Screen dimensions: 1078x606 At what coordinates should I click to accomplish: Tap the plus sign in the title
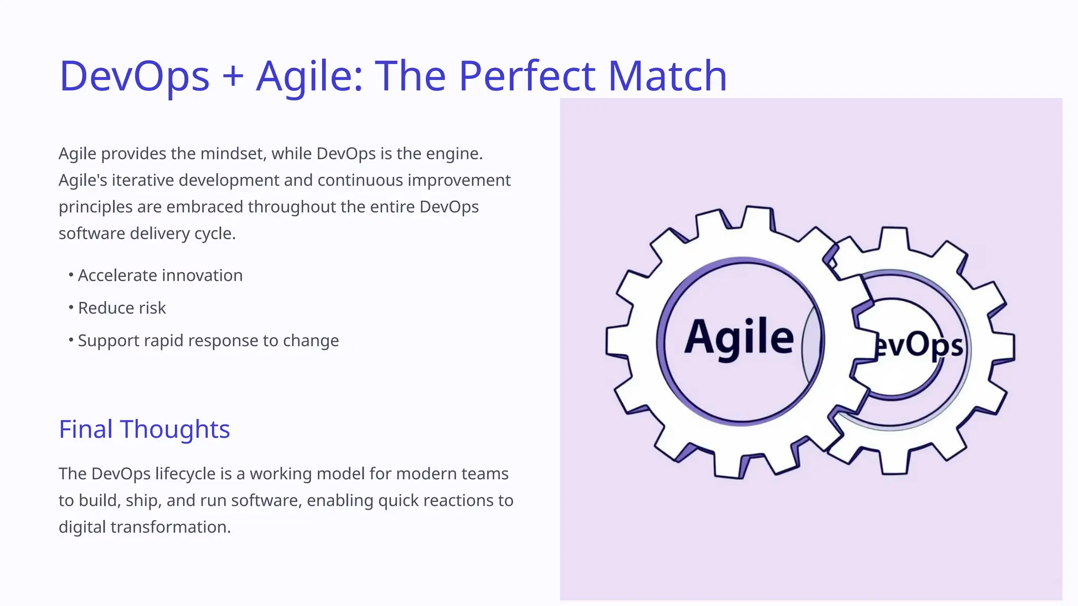pos(233,76)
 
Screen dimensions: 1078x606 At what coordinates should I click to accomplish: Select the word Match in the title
pos(667,76)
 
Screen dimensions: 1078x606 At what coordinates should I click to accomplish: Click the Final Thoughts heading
pos(144,429)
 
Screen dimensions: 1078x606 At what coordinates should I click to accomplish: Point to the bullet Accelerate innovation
pos(160,276)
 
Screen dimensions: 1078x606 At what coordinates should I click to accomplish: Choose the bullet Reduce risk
pos(122,308)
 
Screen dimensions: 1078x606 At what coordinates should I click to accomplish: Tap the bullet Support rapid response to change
pos(208,341)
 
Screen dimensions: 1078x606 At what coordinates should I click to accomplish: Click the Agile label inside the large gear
pos(739,338)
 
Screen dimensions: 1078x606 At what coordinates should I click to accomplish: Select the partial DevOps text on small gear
pos(919,346)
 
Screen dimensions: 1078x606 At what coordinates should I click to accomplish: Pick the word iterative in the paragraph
pos(143,180)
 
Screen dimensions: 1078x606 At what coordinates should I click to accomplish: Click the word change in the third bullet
pos(311,341)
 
